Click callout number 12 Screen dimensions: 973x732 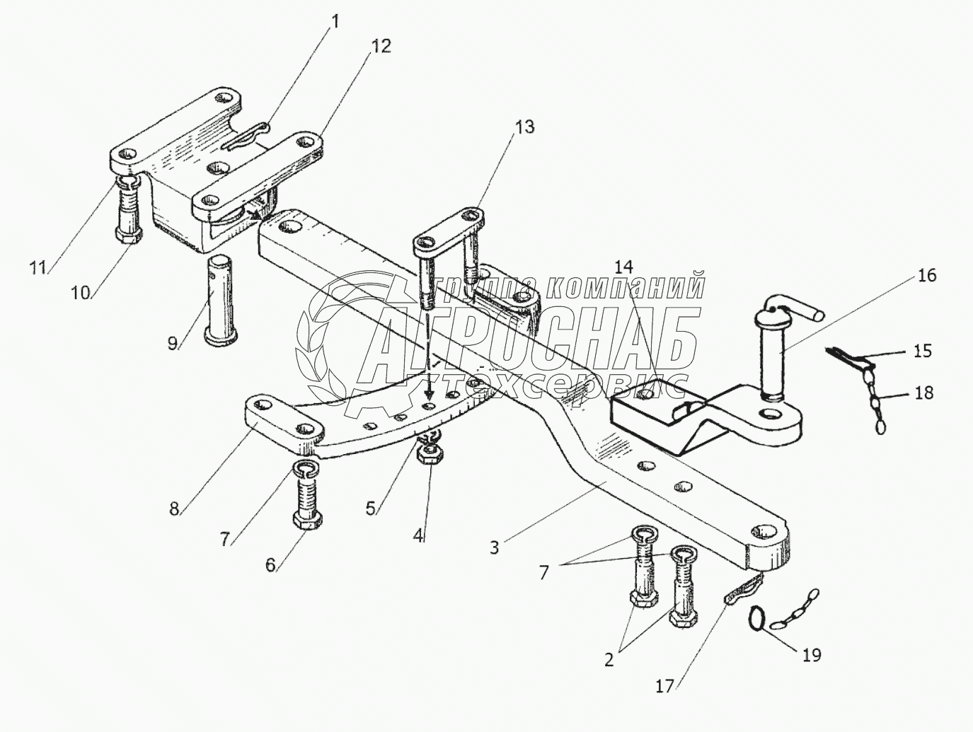[381, 47]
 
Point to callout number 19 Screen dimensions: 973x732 [812, 656]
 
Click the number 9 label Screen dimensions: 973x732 [172, 344]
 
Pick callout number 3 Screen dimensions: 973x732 [495, 547]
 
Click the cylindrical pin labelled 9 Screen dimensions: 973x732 [222, 301]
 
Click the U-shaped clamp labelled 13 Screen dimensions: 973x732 [447, 244]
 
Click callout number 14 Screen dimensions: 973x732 [623, 267]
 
